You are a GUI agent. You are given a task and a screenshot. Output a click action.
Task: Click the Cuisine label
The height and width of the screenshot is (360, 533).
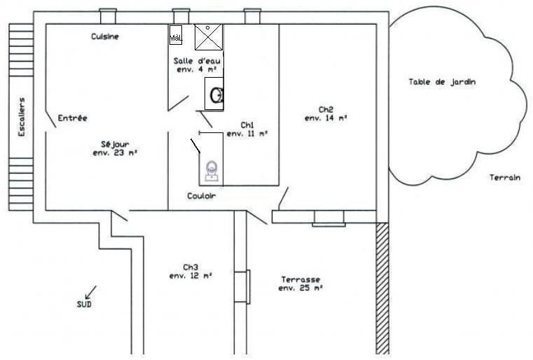click(105, 36)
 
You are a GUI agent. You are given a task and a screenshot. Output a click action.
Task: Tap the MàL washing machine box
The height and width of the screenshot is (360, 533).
click(176, 35)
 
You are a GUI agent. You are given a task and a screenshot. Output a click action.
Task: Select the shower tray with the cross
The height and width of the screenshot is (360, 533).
click(209, 37)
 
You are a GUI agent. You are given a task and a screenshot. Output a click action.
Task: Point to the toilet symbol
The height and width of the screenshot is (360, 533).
click(212, 171)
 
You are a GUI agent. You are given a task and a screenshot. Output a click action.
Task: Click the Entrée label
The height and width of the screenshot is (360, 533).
click(72, 118)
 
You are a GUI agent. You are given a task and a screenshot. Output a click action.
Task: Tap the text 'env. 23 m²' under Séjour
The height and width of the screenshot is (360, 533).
click(115, 153)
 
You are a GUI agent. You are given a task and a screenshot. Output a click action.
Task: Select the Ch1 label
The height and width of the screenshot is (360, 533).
click(247, 125)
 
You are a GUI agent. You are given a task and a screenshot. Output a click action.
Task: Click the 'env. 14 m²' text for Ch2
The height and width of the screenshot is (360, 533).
click(326, 118)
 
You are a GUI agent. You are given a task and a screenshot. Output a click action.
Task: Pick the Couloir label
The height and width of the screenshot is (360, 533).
click(202, 196)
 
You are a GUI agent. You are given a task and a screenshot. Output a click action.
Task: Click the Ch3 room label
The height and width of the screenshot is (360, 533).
click(191, 267)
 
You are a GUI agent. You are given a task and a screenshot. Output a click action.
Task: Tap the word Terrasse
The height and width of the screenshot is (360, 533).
click(301, 279)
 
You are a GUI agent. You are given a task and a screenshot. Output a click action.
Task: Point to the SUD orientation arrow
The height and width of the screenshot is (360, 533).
click(90, 292)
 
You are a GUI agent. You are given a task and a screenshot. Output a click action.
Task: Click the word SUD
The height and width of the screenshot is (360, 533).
click(84, 304)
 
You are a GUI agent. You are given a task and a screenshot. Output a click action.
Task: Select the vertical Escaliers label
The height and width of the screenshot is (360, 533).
click(22, 117)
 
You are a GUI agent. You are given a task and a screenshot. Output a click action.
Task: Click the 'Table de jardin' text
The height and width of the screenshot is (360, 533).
click(442, 82)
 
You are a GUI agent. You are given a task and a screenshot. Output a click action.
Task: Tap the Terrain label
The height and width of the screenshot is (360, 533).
click(505, 177)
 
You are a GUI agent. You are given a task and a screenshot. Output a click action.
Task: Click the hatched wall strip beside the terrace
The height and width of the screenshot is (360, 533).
click(382, 289)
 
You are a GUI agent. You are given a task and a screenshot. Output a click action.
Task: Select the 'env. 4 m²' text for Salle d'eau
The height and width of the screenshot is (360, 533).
click(197, 69)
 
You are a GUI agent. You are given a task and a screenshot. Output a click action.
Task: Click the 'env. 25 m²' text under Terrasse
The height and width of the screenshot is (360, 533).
click(300, 289)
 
